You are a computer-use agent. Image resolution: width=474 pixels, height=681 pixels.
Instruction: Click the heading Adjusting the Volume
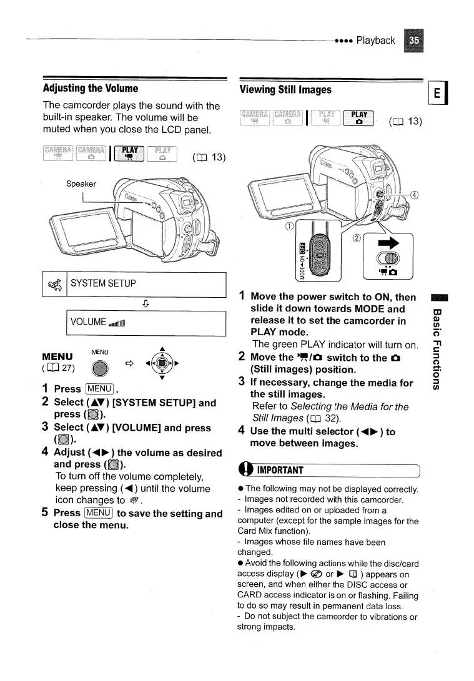tap(91, 88)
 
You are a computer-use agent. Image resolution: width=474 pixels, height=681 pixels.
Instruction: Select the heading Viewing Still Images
tap(285, 90)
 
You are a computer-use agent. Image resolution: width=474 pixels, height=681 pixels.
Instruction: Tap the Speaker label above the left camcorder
tap(81, 184)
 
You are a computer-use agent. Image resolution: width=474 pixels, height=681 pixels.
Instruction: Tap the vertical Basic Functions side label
tap(440, 350)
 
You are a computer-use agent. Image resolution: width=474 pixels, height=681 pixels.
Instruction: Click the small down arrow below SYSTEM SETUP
tap(145, 304)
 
